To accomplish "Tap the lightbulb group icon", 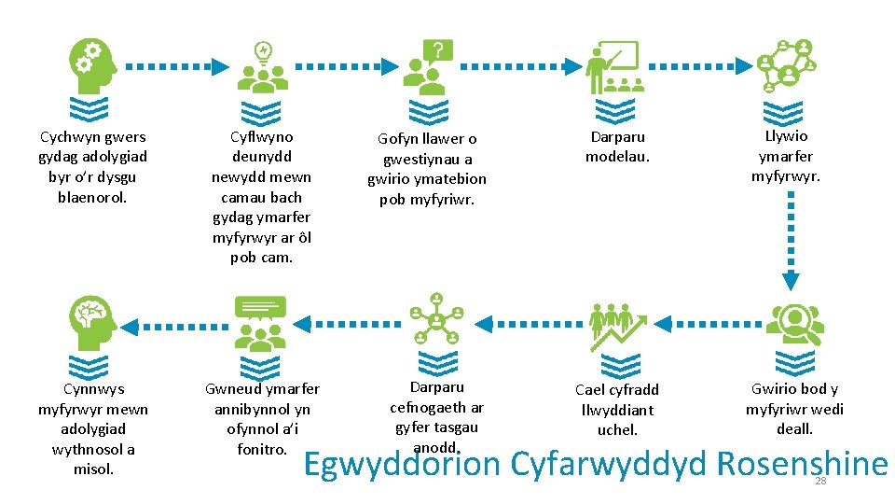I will [263, 67].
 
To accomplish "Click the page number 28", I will [820, 481].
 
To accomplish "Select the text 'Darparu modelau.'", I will [617, 147].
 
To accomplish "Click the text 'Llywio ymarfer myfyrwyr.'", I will [785, 156].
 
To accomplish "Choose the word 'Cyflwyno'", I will [261, 136].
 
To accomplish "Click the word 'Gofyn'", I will [398, 139].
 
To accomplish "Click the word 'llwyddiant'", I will [617, 410].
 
